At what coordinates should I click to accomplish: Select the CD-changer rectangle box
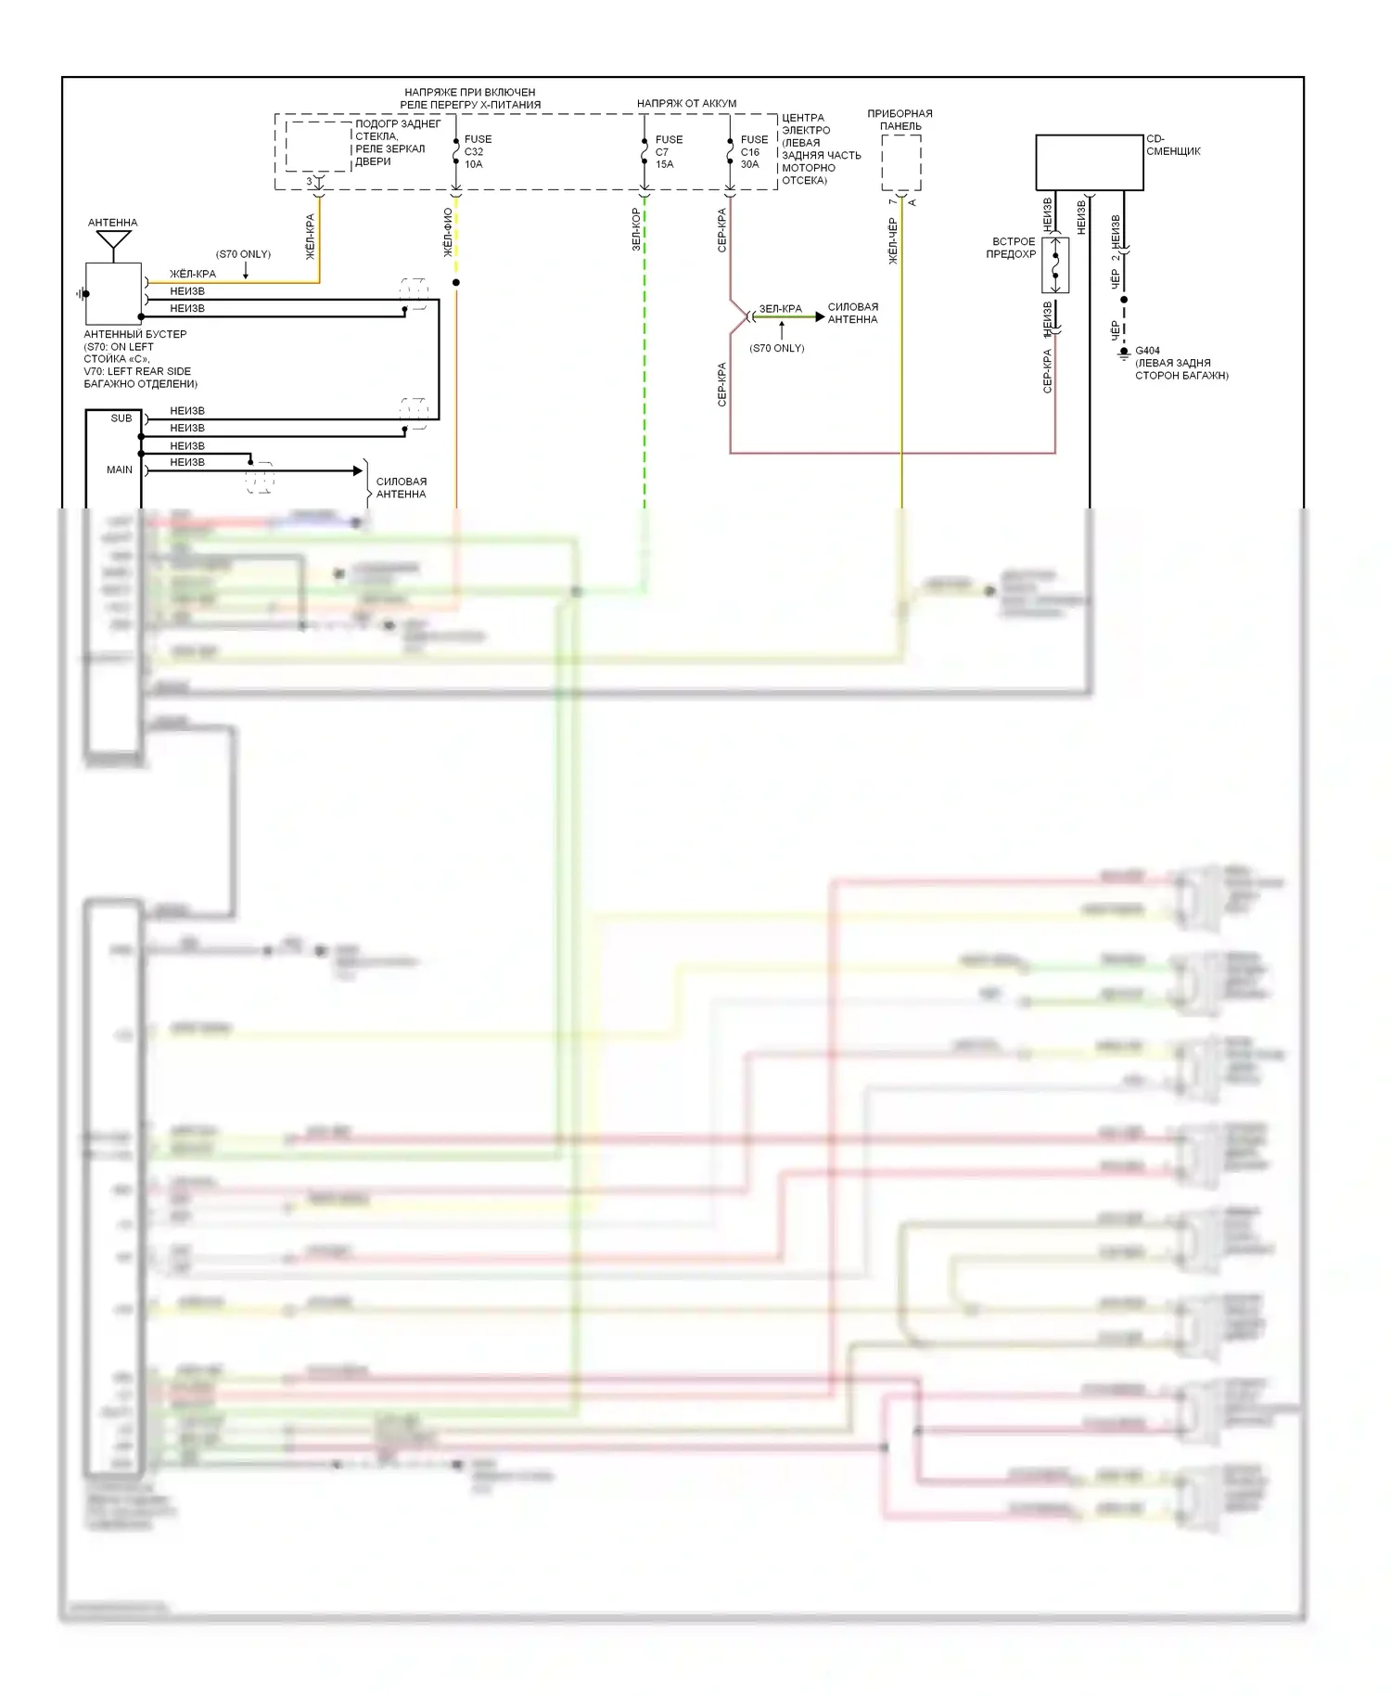pyautogui.click(x=1089, y=162)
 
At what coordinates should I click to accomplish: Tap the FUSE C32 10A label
pyautogui.click(x=477, y=152)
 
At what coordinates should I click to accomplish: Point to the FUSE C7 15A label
pyautogui.click(x=668, y=152)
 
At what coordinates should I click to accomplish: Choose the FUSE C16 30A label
pyautogui.click(x=753, y=152)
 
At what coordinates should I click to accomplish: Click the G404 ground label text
pyautogui.click(x=1147, y=352)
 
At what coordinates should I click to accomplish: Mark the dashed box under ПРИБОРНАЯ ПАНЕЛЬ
pyautogui.click(x=900, y=162)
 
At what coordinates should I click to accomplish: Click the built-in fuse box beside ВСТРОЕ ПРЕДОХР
pyautogui.click(x=1055, y=265)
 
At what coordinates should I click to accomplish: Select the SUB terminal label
pyautogui.click(x=121, y=418)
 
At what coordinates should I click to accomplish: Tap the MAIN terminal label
pyautogui.click(x=120, y=469)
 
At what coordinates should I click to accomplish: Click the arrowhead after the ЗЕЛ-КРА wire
pyautogui.click(x=819, y=317)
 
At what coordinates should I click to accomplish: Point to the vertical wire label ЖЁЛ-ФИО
pyautogui.click(x=448, y=233)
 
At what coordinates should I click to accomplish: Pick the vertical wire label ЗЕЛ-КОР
pyautogui.click(x=636, y=229)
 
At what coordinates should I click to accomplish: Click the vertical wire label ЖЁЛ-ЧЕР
pyautogui.click(x=893, y=241)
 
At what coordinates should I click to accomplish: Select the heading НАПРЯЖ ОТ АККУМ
pyautogui.click(x=686, y=104)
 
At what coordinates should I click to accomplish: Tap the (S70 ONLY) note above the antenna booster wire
pyautogui.click(x=243, y=254)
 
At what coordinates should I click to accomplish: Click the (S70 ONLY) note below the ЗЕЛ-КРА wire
pyautogui.click(x=777, y=348)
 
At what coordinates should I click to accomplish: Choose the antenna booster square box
pyautogui.click(x=113, y=293)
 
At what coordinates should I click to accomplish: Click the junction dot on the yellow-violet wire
pyautogui.click(x=455, y=282)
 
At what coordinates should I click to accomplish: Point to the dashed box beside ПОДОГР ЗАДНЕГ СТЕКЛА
pyautogui.click(x=317, y=147)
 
